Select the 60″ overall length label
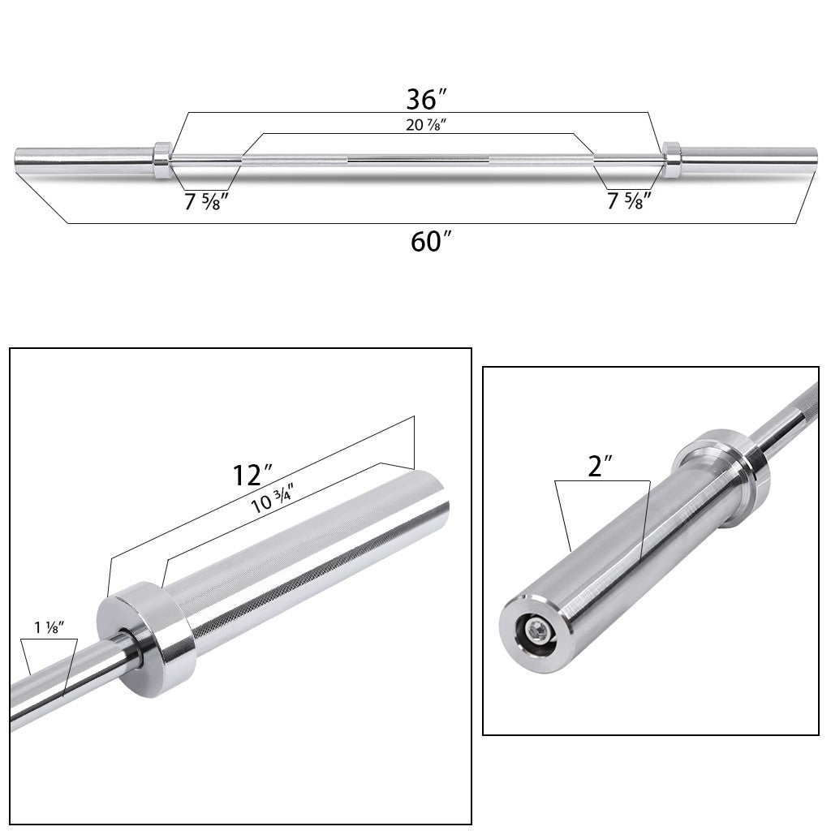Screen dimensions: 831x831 pos(429,241)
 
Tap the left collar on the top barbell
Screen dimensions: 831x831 pos(161,160)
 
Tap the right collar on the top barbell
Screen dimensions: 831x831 pos(672,160)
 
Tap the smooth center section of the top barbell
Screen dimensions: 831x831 pos(418,160)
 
